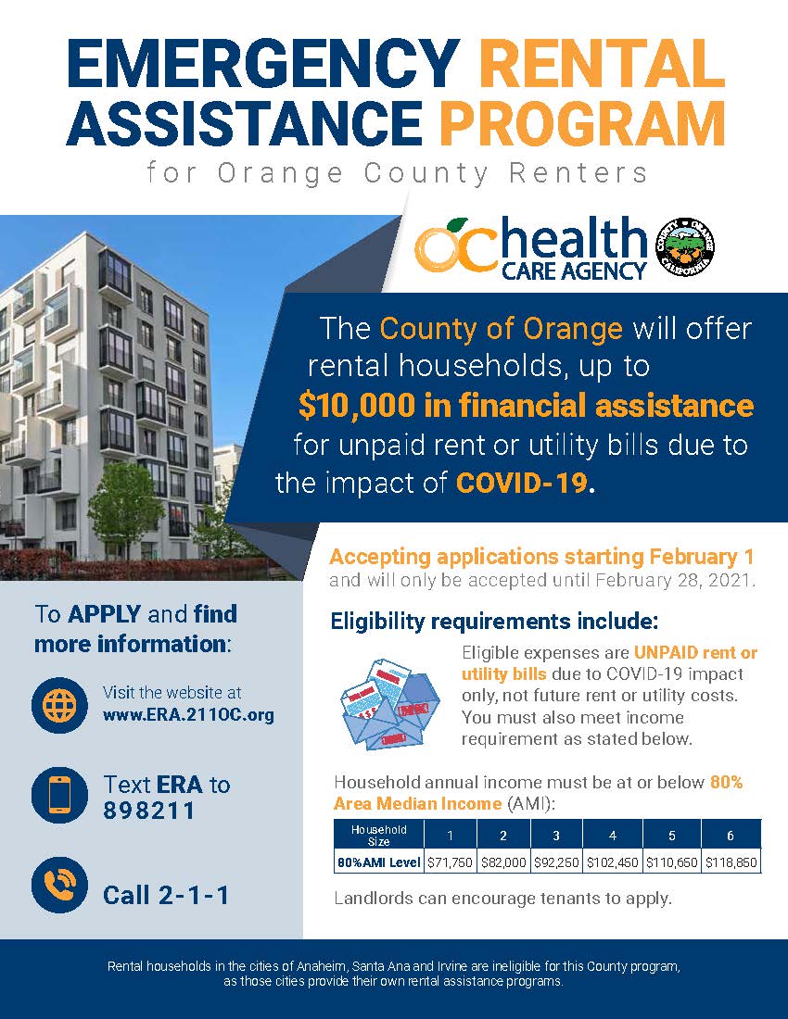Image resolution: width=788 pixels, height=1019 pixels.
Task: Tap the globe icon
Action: point(59,704)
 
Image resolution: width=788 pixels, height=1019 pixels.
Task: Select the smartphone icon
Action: point(59,796)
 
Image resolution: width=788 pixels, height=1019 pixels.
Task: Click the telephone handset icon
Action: point(59,886)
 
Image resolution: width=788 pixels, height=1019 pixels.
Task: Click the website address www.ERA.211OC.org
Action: point(188,716)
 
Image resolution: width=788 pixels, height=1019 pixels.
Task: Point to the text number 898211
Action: point(149,811)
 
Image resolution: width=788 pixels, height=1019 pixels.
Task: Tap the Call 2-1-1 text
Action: point(166,895)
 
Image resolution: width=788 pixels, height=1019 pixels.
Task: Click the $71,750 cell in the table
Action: point(450,862)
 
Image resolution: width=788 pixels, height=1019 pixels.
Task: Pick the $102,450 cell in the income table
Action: point(612,862)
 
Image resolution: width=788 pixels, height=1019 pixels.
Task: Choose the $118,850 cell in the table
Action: point(731,862)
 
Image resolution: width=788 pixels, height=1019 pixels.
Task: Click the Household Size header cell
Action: point(378,836)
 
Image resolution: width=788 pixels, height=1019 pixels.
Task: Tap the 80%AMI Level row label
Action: point(378,862)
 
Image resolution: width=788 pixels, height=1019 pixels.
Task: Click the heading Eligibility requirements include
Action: point(495,620)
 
